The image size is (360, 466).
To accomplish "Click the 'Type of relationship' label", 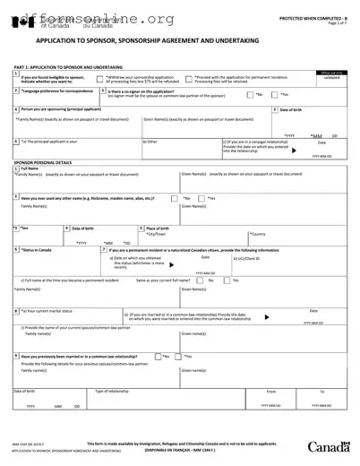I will tap(116, 391).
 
